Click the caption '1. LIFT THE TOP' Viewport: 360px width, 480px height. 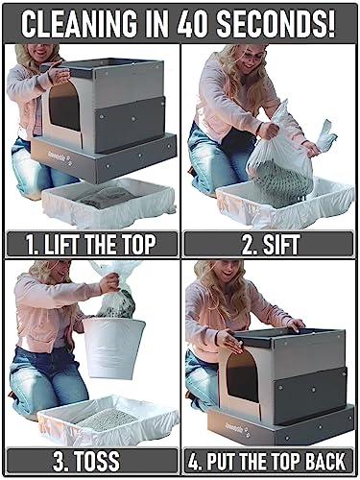[x=89, y=244]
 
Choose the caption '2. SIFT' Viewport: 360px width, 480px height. [x=270, y=244]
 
